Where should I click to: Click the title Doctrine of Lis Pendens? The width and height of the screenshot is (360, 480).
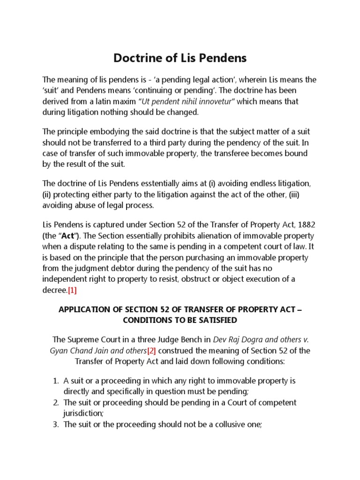pyautogui.click(x=180, y=59)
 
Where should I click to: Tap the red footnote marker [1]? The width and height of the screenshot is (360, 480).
pyautogui.click(x=72, y=290)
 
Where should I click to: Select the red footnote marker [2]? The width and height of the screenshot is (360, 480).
pyautogui.click(x=151, y=351)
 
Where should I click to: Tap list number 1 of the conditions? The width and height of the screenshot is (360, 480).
pyautogui.click(x=55, y=381)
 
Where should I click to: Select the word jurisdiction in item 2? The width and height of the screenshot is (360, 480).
pyautogui.click(x=83, y=413)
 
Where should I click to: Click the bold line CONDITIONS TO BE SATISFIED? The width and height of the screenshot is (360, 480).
pyautogui.click(x=180, y=321)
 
